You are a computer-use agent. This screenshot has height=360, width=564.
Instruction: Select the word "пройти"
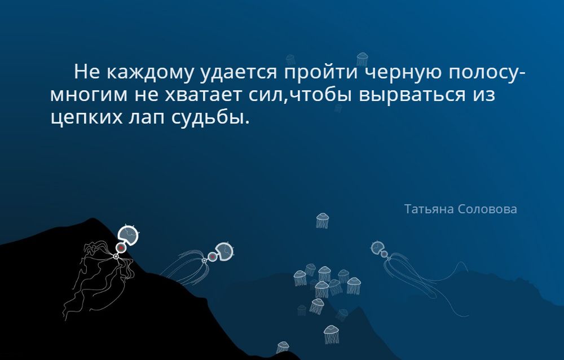tap(321, 72)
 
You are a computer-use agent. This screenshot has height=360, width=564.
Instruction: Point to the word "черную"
tap(404, 73)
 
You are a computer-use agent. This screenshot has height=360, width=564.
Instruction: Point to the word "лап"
tap(147, 118)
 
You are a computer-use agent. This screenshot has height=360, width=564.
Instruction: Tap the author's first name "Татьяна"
tap(429, 209)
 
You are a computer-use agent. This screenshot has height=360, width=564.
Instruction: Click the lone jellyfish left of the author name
tap(322, 220)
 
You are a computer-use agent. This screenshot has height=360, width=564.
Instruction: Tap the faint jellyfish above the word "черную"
tap(362, 59)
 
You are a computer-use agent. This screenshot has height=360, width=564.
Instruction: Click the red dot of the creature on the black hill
tap(121, 248)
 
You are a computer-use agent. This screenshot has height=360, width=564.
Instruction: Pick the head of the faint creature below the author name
tap(377, 247)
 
